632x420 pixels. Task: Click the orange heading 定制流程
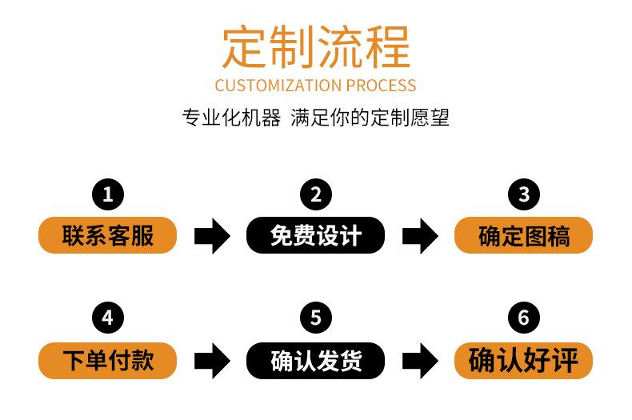tap(316, 46)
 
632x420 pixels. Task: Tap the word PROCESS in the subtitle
tap(381, 86)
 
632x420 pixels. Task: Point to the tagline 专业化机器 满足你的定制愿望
tap(315, 118)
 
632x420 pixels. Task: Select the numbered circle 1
tap(108, 194)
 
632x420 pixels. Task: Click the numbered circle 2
tap(316, 194)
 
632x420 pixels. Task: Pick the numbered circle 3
tap(523, 194)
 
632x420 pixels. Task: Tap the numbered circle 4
tap(108, 318)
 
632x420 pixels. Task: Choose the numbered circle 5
tap(316, 318)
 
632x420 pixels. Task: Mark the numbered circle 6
tap(523, 318)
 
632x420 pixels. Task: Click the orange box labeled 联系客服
tap(108, 235)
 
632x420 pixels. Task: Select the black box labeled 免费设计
tap(315, 235)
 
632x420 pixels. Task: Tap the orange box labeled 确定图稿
tap(523, 235)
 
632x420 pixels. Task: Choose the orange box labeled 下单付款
tap(108, 361)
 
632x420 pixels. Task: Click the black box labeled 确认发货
tap(315, 361)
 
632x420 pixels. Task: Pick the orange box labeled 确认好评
tap(523, 361)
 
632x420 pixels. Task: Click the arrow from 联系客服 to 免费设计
tap(212, 236)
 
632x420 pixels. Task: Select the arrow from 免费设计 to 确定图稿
tap(420, 236)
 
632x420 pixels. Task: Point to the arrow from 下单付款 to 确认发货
tap(212, 361)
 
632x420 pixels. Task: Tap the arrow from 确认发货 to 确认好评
tap(420, 361)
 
